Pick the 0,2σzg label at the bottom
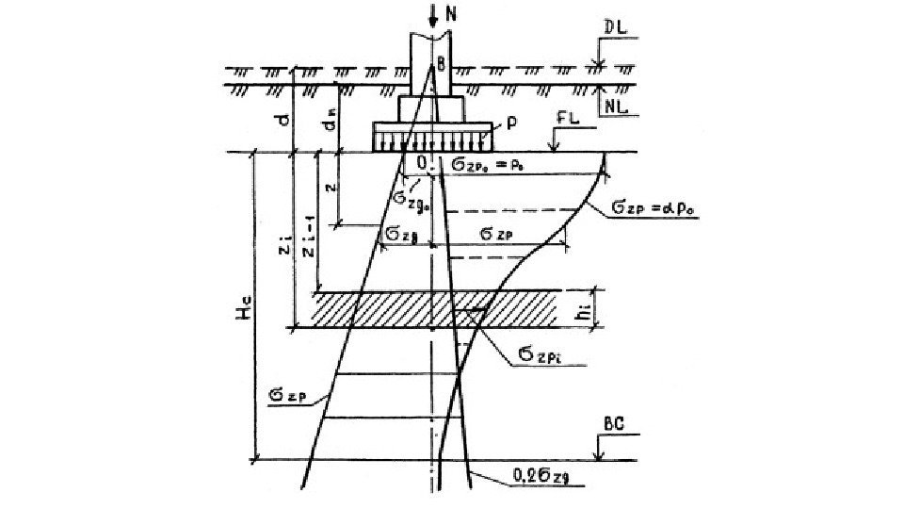(514, 484)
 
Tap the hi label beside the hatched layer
(585, 309)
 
